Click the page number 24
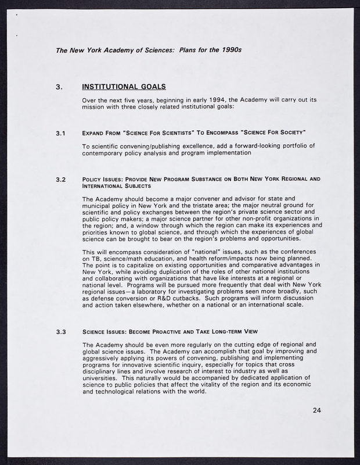[316, 411]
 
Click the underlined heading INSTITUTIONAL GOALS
[124, 87]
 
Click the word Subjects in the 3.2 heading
[135, 186]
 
